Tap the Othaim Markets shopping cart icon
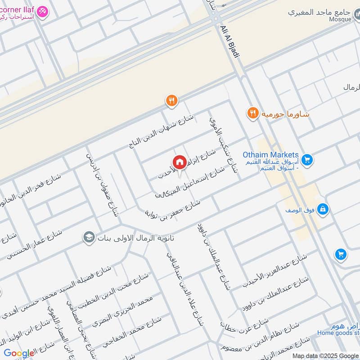(308, 159)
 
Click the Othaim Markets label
(271, 155)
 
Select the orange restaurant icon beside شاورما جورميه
(252, 113)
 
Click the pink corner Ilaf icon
(42, 11)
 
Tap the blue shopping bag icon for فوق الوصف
(323, 209)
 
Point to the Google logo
(19, 353)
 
